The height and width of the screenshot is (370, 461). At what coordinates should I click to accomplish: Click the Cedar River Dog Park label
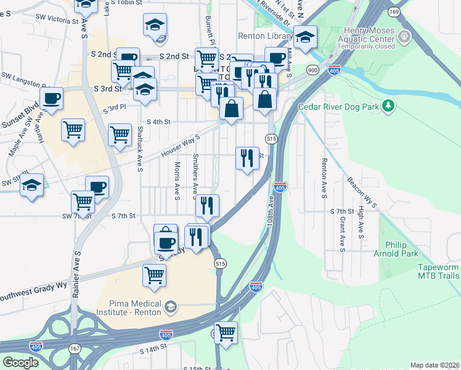tap(338, 107)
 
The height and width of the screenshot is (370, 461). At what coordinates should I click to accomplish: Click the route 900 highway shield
tap(313, 70)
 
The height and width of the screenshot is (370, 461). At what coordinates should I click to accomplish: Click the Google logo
tap(20, 363)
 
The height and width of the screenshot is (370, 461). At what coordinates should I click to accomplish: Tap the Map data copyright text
tap(435, 365)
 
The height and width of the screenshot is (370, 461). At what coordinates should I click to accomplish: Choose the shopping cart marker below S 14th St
tap(226, 332)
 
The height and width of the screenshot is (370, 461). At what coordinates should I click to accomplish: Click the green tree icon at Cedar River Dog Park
tap(388, 107)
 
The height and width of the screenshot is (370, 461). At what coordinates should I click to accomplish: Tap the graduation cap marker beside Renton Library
tap(305, 38)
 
